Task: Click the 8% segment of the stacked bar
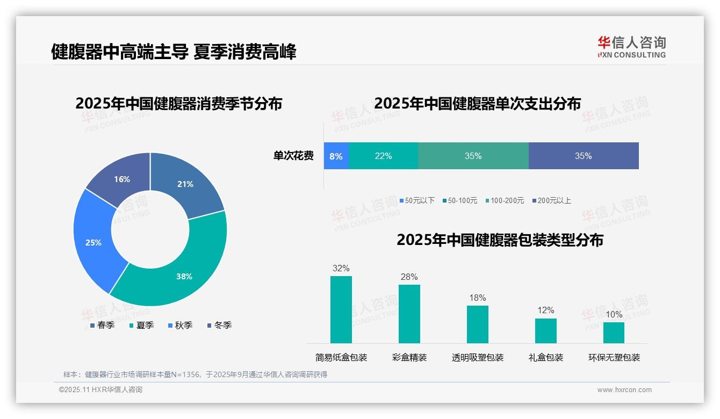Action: click(x=336, y=156)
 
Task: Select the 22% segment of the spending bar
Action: click(x=383, y=156)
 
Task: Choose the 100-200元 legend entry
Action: click(x=505, y=200)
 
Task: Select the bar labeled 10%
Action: click(x=614, y=333)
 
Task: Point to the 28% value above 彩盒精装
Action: click(x=409, y=277)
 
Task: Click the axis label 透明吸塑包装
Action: click(x=478, y=358)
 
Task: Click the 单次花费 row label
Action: click(x=293, y=156)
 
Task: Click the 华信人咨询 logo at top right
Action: click(x=631, y=47)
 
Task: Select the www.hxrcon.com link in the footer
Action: click(x=624, y=390)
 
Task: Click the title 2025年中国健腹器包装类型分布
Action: click(x=500, y=240)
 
